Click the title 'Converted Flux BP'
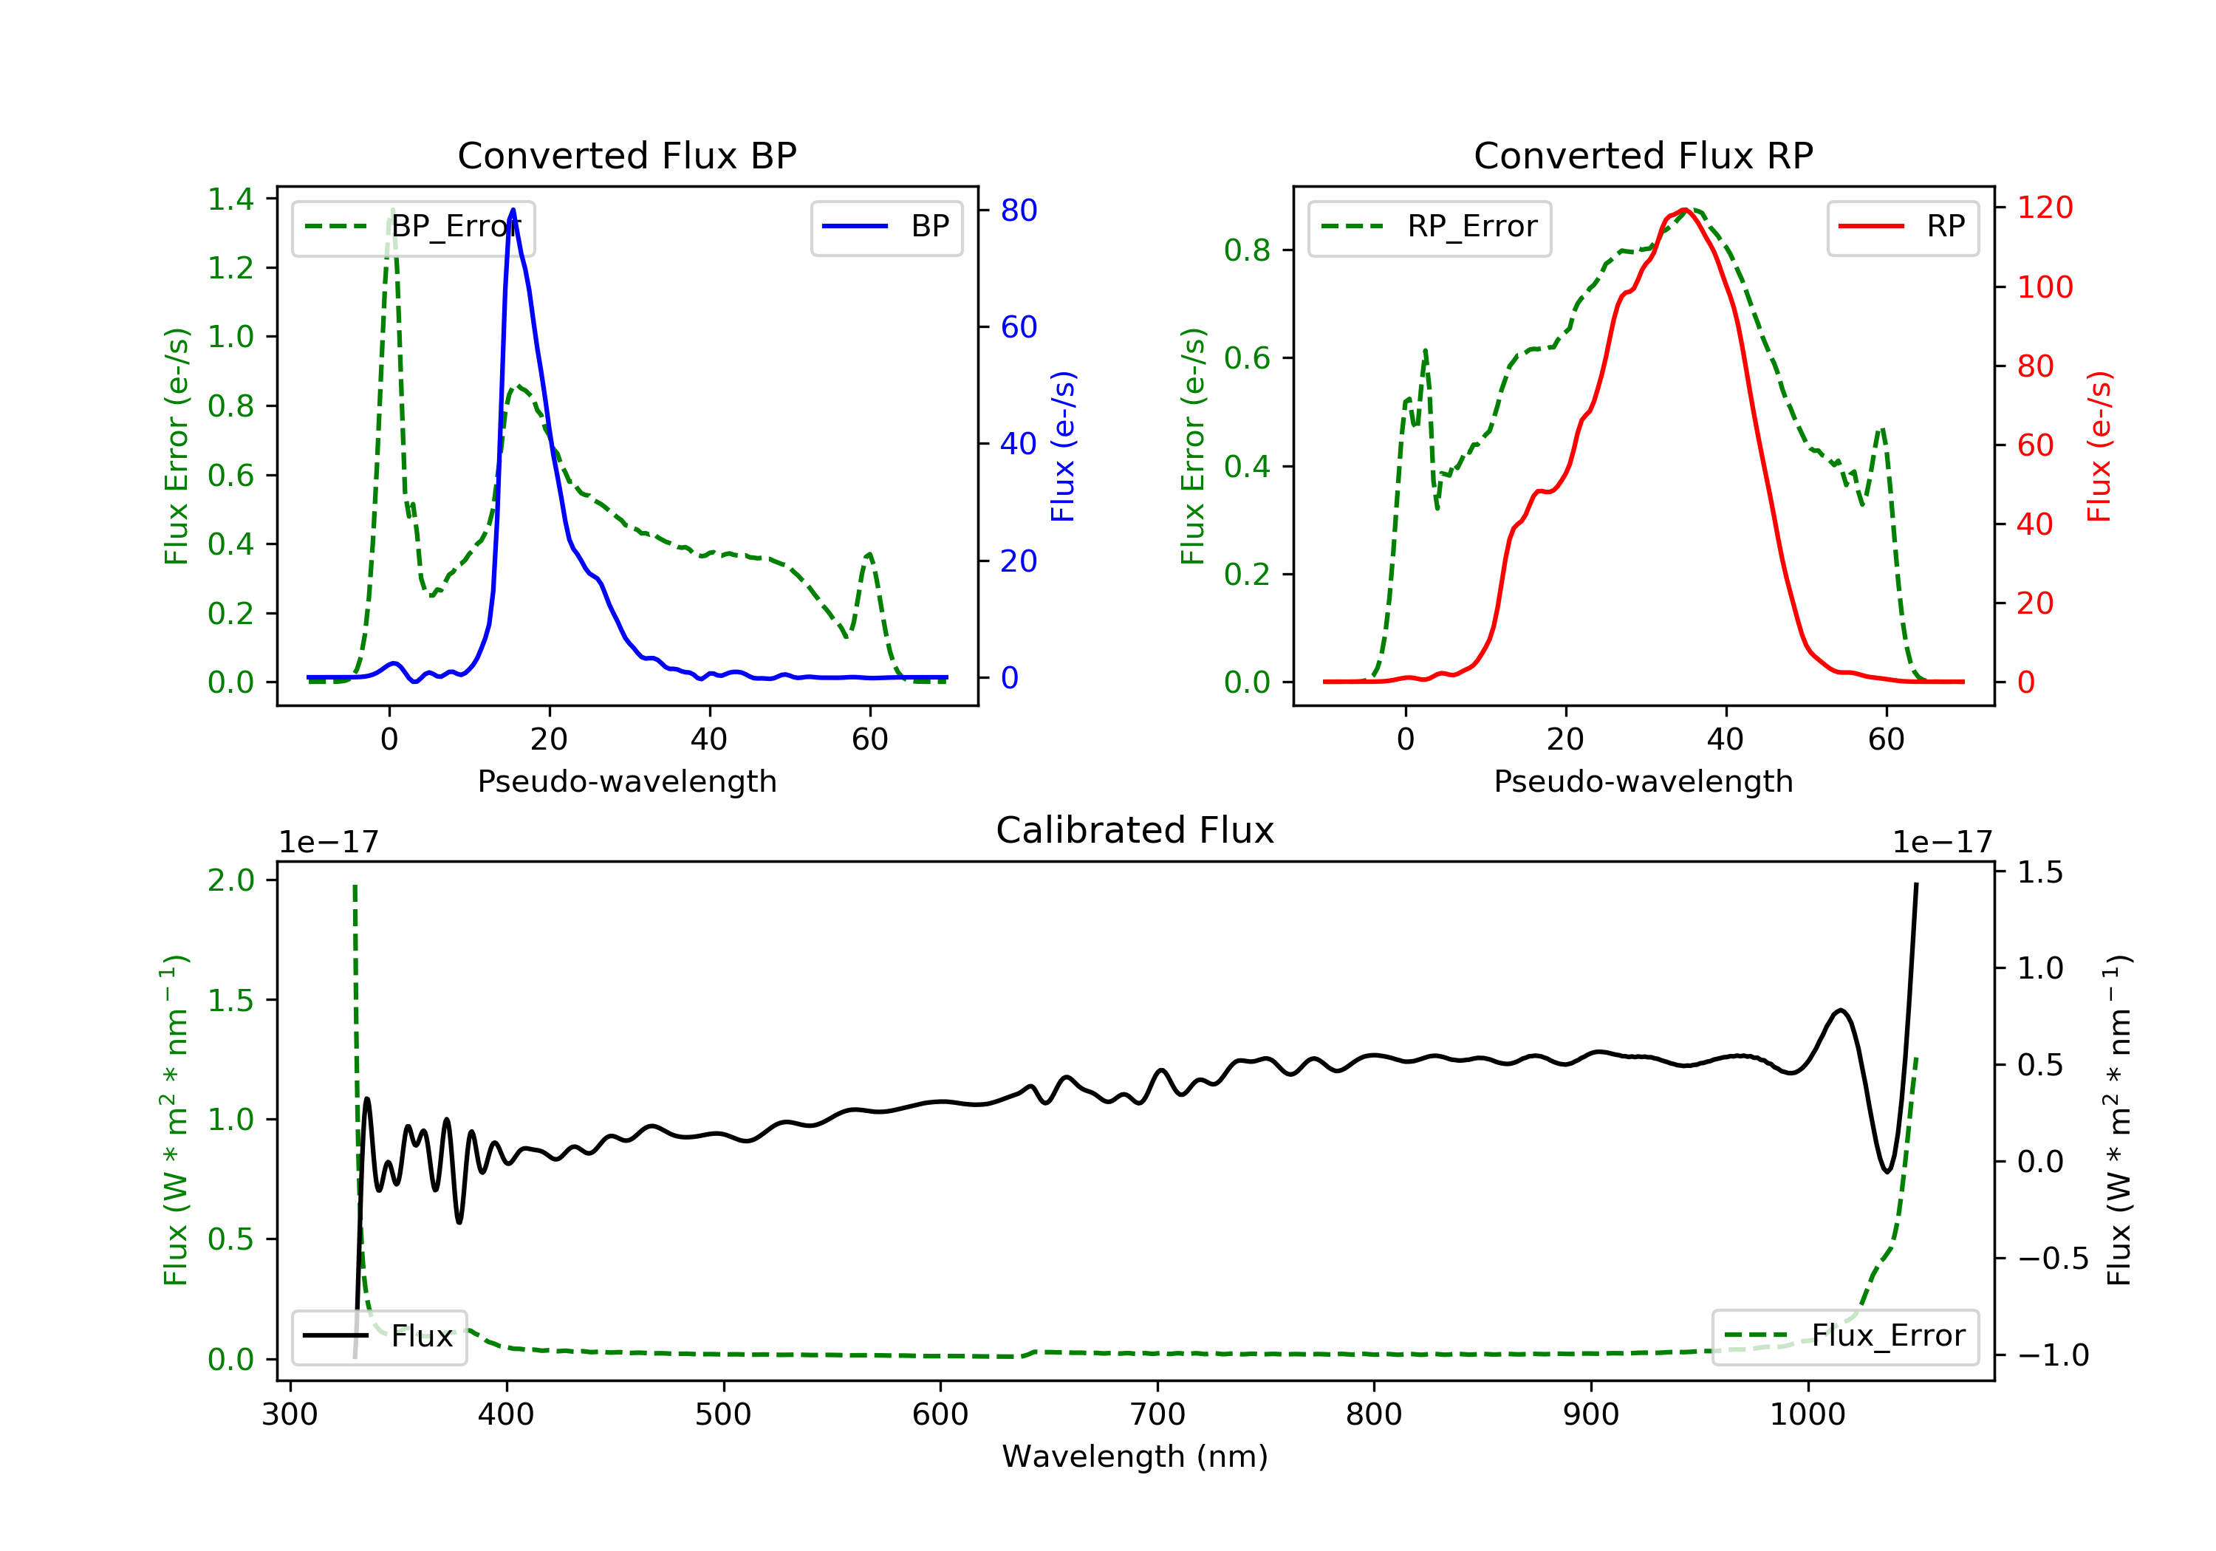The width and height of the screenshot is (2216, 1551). click(x=626, y=155)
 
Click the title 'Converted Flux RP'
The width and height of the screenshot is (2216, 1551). click(x=1643, y=155)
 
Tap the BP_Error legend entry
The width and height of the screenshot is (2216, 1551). click(x=413, y=227)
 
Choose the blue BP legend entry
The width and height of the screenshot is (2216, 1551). click(x=886, y=227)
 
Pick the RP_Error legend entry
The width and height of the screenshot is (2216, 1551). click(x=1429, y=227)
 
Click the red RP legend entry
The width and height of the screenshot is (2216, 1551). click(x=1901, y=227)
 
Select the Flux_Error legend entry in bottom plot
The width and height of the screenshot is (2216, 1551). click(x=1844, y=1336)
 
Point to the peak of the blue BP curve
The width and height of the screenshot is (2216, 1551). click(x=513, y=210)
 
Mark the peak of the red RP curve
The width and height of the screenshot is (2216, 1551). click(x=1684, y=210)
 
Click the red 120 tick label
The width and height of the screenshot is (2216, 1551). click(x=2044, y=207)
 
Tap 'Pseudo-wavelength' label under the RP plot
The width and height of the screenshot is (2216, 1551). click(x=1643, y=781)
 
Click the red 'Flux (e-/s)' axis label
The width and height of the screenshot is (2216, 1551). click(x=2099, y=446)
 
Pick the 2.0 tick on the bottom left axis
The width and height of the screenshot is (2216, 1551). click(x=230, y=880)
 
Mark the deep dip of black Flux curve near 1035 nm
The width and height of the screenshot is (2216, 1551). click(x=1887, y=1171)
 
